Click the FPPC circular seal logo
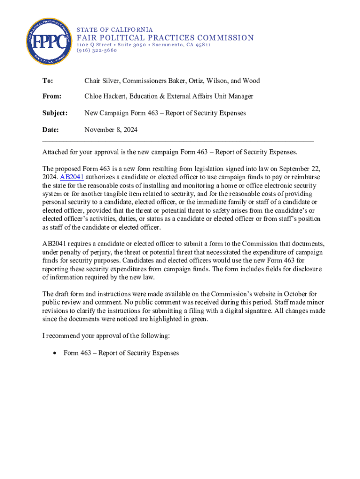tap(49, 42)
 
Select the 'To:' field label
tap(48, 81)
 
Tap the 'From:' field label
tap(52, 96)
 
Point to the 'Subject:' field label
tap(55, 113)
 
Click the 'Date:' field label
tap(51, 130)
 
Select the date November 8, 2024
tap(111, 130)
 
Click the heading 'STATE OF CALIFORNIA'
tap(115, 29)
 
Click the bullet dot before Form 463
tap(56, 353)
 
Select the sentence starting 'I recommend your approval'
tap(107, 336)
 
